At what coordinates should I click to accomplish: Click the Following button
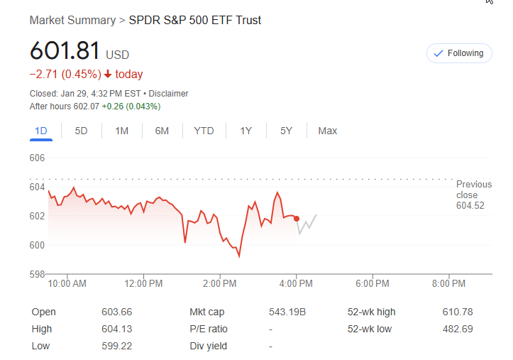tap(458, 53)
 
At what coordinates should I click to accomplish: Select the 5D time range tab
tap(81, 131)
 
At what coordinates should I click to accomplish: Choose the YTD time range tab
tap(204, 131)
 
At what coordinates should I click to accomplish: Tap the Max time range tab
tap(327, 131)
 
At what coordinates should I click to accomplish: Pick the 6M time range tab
tap(162, 131)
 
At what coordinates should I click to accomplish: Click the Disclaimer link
tap(170, 94)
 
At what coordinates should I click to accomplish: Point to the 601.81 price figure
tap(65, 51)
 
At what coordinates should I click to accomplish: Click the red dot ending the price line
tap(297, 219)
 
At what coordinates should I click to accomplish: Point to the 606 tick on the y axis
tap(37, 158)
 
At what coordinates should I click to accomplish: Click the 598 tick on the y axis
tap(37, 274)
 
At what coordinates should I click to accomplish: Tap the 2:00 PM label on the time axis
tap(219, 284)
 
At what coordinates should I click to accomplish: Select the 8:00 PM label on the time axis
tap(448, 284)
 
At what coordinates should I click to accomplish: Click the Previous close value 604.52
tap(470, 206)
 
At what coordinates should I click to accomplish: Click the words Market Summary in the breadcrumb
tap(72, 20)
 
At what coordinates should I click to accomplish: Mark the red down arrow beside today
tap(107, 75)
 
